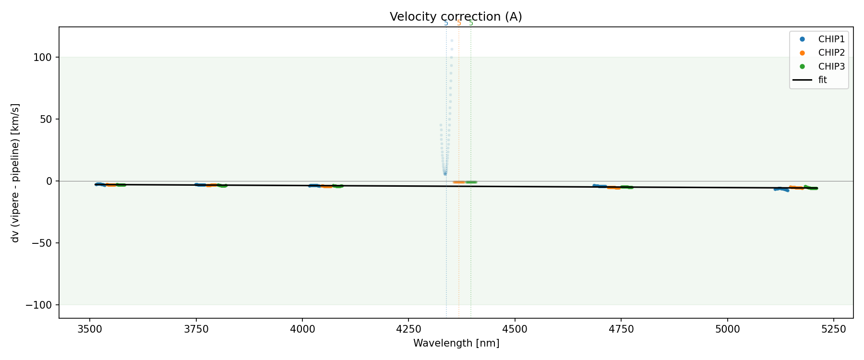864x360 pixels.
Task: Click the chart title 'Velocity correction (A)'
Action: pyautogui.click(x=456, y=17)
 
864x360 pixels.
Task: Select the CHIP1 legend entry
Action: pyautogui.click(x=831, y=39)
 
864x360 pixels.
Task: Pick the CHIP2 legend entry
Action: pyautogui.click(x=831, y=53)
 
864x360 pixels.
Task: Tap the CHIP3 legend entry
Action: pyautogui.click(x=831, y=67)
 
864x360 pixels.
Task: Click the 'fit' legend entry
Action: pyautogui.click(x=822, y=80)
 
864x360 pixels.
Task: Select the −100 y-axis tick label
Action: pyautogui.click(x=41, y=305)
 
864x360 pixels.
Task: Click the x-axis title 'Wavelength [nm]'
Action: pyautogui.click(x=456, y=344)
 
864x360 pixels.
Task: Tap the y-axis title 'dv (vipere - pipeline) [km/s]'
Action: pyautogui.click(x=16, y=173)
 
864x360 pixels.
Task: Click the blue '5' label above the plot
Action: pyautogui.click(x=446, y=23)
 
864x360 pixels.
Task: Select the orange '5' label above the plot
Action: pyautogui.click(x=459, y=23)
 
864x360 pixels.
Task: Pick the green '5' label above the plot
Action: pyautogui.click(x=471, y=23)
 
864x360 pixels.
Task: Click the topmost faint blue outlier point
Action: pyautogui.click(x=452, y=40)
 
